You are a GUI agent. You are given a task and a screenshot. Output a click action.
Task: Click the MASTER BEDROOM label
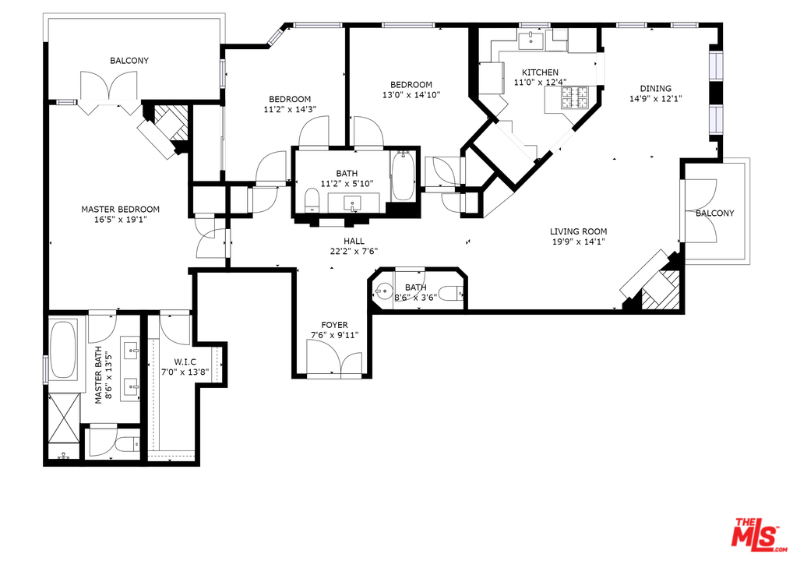click(121, 210)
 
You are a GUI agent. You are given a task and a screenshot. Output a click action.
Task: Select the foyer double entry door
click(334, 358)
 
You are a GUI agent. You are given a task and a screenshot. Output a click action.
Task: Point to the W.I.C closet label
click(185, 362)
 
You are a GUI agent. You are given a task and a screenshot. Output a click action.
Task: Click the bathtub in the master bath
click(64, 349)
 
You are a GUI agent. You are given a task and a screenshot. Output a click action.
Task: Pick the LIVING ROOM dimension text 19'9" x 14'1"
click(579, 242)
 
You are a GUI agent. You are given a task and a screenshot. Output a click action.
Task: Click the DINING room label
click(655, 89)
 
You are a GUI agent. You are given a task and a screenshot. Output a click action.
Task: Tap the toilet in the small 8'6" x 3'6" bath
click(450, 293)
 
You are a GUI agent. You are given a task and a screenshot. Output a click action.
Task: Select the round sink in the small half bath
click(382, 291)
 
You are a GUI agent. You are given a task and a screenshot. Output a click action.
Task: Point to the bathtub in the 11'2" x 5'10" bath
click(403, 175)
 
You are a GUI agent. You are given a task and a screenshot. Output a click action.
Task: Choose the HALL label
click(354, 242)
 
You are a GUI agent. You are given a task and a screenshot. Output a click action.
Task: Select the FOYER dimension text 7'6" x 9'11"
click(334, 334)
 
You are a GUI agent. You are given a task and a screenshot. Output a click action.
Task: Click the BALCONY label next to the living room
click(714, 213)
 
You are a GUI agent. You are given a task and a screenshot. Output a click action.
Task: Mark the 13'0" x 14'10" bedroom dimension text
click(411, 94)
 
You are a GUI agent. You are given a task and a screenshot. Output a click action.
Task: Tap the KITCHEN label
click(540, 72)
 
